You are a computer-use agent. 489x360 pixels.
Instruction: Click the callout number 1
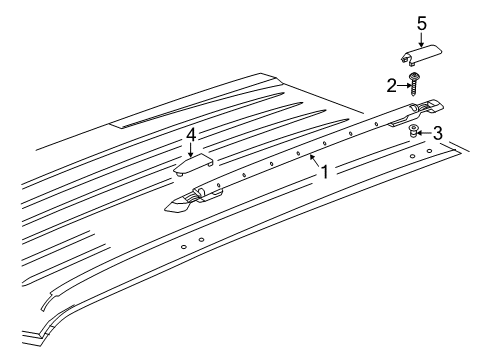click(x=323, y=171)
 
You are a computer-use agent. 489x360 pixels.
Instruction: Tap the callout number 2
click(x=394, y=86)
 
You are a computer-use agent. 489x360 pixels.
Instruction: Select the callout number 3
click(x=436, y=133)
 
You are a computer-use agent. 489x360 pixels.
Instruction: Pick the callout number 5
click(x=421, y=23)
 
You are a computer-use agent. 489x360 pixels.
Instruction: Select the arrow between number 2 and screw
click(x=404, y=86)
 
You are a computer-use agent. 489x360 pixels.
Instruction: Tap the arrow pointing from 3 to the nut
click(x=424, y=132)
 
